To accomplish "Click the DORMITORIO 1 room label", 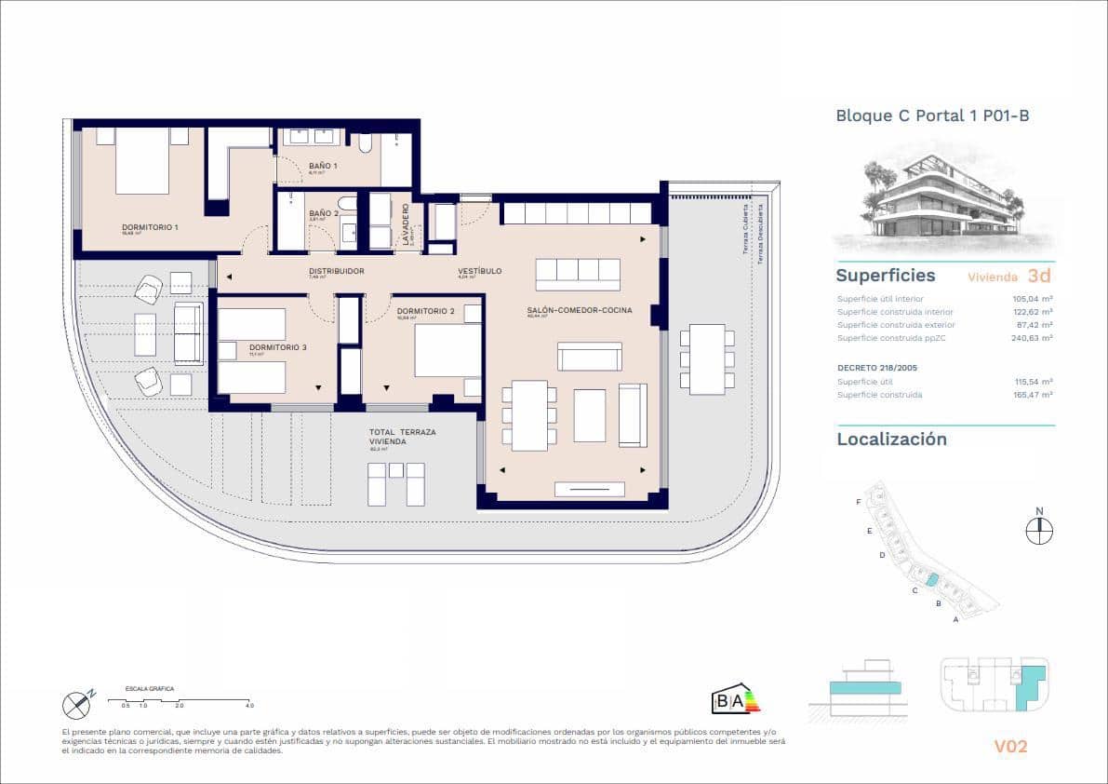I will point(150,227).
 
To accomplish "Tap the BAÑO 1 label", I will point(324,166).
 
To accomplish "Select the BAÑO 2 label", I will point(324,213).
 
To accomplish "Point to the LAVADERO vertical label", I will point(406,224).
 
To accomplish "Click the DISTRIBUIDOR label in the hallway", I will point(337,271).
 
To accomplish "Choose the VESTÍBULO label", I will point(480,271).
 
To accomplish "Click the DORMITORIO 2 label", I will point(425,311).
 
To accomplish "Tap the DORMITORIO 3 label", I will point(277,347).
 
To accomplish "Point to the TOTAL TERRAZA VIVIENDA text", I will point(402,438).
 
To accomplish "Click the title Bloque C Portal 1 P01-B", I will point(932,116).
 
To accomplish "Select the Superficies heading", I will point(885,276).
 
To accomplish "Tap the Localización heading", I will point(891,439).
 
